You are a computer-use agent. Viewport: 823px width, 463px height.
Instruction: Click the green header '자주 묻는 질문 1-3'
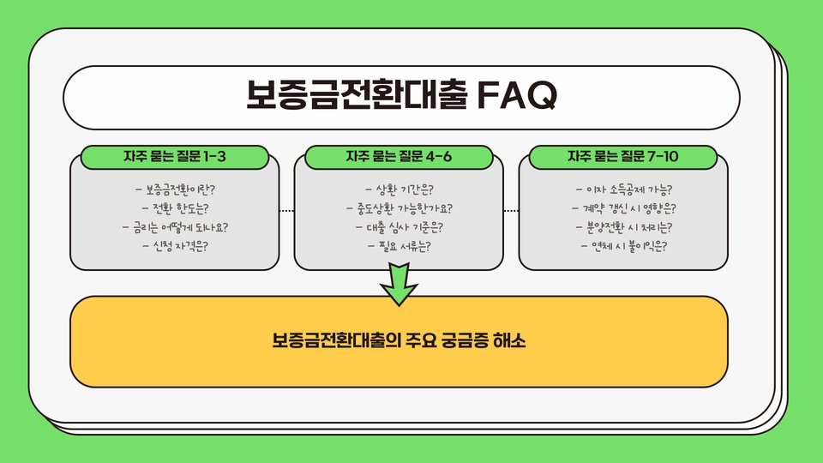(175, 157)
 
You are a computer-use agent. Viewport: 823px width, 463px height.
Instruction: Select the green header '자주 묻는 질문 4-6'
(399, 157)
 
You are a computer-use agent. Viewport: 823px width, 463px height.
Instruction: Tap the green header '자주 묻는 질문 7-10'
(624, 157)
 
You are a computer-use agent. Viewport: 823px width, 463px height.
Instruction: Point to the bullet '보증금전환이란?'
(175, 189)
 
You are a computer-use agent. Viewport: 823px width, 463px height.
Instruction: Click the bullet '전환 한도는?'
(175, 208)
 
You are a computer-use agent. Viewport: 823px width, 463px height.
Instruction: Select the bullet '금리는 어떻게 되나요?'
(175, 228)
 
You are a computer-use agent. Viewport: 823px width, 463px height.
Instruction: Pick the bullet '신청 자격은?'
(175, 247)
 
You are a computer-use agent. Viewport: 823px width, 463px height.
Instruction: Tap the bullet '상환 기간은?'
(399, 189)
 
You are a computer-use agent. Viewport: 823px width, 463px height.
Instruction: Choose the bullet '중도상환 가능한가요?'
(399, 208)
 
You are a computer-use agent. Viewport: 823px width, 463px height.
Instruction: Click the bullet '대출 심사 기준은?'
(399, 228)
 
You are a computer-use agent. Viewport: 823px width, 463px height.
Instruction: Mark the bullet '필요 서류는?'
(399, 247)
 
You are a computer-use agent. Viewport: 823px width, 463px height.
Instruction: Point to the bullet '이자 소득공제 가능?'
(623, 189)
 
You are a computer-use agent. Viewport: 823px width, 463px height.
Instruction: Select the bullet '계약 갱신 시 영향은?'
(623, 208)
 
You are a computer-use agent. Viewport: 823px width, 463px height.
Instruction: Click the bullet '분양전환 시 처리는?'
(623, 228)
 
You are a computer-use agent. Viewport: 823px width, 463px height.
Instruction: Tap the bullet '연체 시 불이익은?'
(623, 247)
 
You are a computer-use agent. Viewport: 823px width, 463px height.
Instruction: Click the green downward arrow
(398, 284)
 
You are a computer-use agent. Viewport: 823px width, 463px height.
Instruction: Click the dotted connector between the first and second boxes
(286, 210)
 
